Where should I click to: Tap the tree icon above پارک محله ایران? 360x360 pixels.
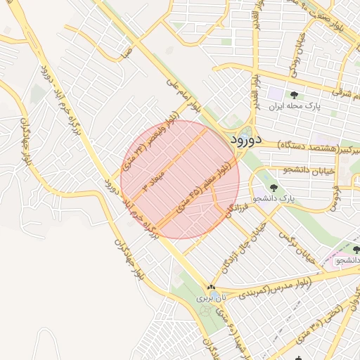(294, 95)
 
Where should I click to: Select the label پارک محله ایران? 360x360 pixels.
(294, 107)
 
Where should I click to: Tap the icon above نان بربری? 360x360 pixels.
(210, 288)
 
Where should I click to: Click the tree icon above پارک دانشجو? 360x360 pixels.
(274, 188)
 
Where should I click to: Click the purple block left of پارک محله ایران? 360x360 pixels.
(275, 94)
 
